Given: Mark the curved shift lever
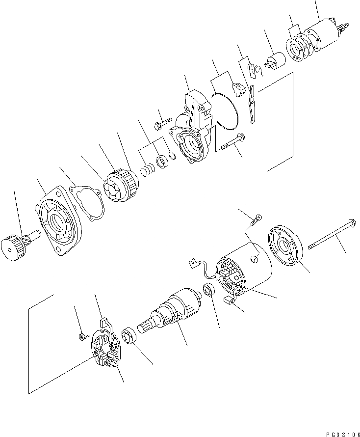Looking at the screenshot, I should tap(252, 104).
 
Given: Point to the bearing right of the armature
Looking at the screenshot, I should tap(207, 290).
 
